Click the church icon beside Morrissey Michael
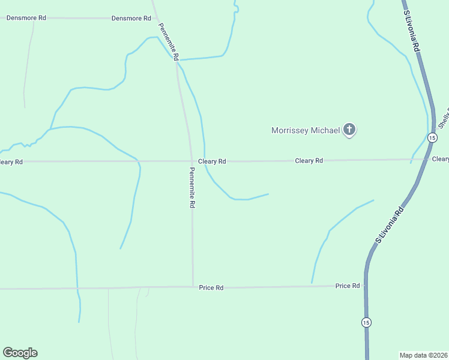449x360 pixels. click(349, 130)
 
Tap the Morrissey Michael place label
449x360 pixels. click(306, 130)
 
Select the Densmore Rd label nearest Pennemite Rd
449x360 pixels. click(131, 19)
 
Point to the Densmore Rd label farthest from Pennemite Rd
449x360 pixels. click(26, 18)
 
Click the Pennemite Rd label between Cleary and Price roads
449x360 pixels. click(191, 187)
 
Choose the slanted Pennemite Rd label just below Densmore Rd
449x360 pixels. click(169, 41)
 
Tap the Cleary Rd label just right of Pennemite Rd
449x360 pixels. click(212, 161)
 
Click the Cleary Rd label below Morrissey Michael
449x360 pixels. click(309, 161)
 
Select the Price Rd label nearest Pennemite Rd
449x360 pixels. click(211, 288)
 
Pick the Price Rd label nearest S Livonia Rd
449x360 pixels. click(347, 286)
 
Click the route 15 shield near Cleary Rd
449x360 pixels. click(432, 138)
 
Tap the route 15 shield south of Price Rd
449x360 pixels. click(366, 322)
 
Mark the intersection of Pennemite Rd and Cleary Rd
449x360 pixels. click(191, 161)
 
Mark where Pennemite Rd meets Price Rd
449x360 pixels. click(193, 287)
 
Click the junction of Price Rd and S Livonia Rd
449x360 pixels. click(366, 286)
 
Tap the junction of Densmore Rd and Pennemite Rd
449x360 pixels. click(155, 18)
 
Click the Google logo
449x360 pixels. click(20, 353)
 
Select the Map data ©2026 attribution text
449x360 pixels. click(423, 355)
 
